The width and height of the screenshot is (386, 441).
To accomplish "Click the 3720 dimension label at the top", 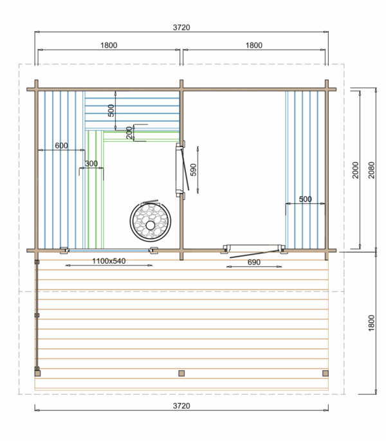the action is pyautogui.click(x=181, y=27).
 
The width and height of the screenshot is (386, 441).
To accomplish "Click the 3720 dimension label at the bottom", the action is pyautogui.click(x=181, y=406).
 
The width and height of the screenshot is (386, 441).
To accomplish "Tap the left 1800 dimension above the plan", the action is pyautogui.click(x=109, y=45).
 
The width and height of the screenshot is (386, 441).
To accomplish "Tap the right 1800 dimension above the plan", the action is pyautogui.click(x=253, y=45).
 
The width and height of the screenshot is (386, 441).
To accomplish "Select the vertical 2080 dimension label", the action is pyautogui.click(x=371, y=170).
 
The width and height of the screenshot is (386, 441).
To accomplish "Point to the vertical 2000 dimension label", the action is pyautogui.click(x=355, y=170).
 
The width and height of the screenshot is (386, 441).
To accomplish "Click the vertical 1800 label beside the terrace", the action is pyautogui.click(x=371, y=323).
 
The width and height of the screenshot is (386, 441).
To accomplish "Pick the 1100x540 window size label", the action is pyautogui.click(x=109, y=261).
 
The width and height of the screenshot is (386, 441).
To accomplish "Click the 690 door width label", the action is pyautogui.click(x=253, y=262).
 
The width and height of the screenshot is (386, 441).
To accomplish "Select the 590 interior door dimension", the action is pyautogui.click(x=194, y=170).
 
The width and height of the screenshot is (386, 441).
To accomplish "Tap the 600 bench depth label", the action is pyautogui.click(x=61, y=146).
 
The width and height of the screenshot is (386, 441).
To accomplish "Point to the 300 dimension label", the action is pyautogui.click(x=91, y=163).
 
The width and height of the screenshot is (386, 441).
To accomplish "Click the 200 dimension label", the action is pyautogui.click(x=129, y=133).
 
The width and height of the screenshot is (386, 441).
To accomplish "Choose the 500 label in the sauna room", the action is pyautogui.click(x=111, y=110).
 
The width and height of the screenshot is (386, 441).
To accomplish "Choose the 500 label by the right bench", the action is pyautogui.click(x=305, y=199).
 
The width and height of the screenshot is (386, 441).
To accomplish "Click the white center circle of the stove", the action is pyautogui.click(x=150, y=225).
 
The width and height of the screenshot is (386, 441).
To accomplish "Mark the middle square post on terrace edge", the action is pyautogui.click(x=181, y=373).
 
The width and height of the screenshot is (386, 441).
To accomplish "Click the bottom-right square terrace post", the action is pyautogui.click(x=326, y=373).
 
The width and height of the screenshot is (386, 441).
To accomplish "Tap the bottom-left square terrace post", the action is pyautogui.click(x=37, y=373).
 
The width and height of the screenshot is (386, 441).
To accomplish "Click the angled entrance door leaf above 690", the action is pyautogui.click(x=254, y=253).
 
